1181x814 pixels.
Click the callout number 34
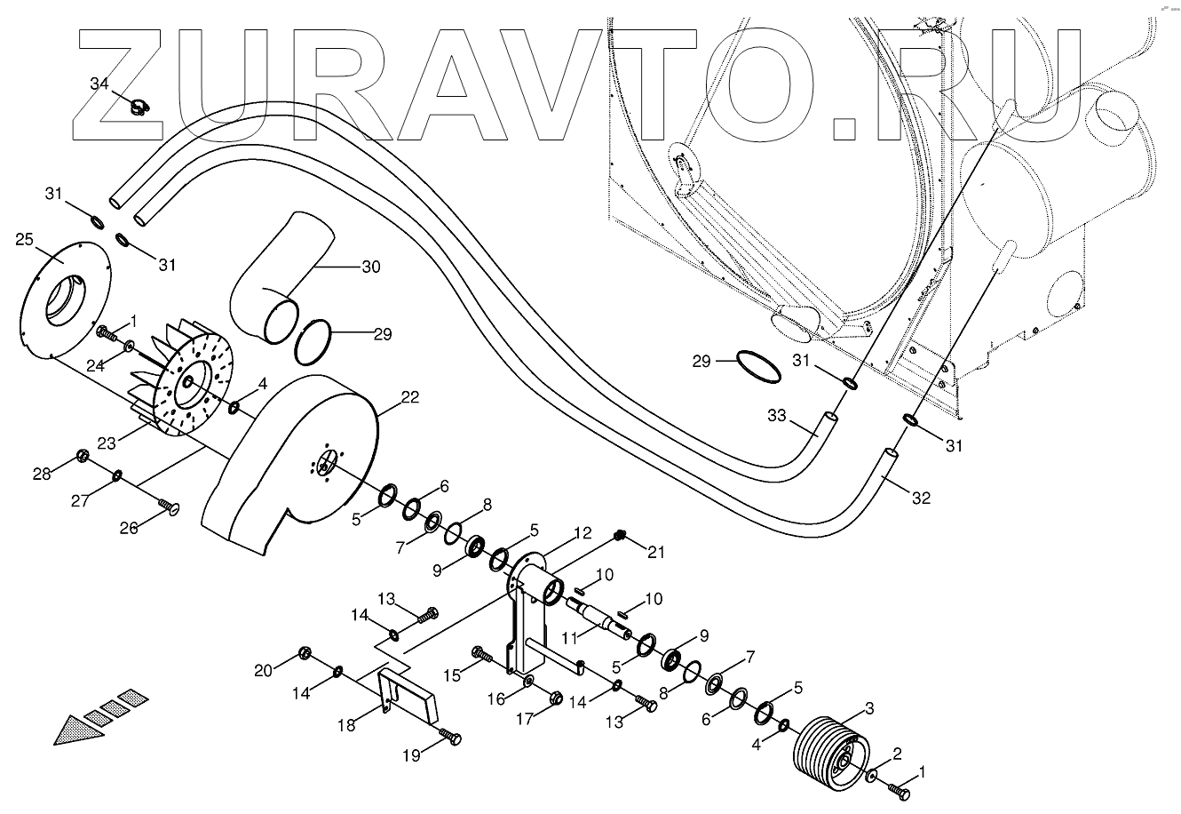99,84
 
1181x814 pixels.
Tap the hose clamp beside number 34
138,109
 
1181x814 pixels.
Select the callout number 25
24,239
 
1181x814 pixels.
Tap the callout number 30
370,267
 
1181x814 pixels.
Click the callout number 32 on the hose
921,499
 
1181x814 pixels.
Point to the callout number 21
655,553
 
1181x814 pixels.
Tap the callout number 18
345,725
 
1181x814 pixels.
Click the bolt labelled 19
452,737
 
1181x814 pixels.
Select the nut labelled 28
82,456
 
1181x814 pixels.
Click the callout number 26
130,528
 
